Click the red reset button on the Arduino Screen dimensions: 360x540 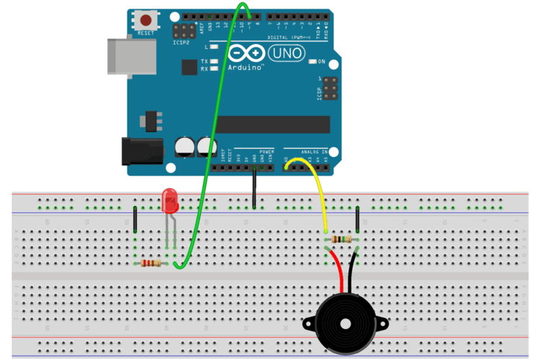148,19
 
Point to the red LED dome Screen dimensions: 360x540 171,198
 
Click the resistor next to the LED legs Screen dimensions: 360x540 151,264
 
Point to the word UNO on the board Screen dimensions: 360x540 286,53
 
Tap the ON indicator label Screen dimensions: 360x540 322,62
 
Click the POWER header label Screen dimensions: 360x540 267,152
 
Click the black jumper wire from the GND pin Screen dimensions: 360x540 254,189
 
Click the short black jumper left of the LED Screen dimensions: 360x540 135,217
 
